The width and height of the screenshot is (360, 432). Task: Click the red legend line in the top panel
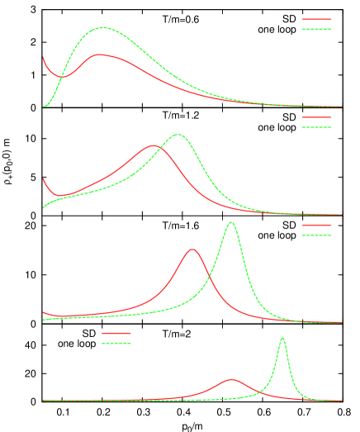[316, 19]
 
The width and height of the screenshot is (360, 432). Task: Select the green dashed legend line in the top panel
[316, 29]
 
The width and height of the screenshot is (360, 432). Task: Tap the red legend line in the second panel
[316, 117]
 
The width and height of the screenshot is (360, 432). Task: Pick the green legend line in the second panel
[316, 127]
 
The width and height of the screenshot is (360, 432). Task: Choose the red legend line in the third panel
[316, 225]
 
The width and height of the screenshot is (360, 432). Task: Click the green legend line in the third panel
[316, 235]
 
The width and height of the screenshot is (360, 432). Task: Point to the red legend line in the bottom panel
[116, 333]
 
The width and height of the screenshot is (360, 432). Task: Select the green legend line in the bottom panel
[116, 343]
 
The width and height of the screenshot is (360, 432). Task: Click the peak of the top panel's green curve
[102, 27]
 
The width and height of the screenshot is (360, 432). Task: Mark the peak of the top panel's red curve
[99, 55]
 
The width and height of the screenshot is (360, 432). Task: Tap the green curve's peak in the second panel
[178, 134]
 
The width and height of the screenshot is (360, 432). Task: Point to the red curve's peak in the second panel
[154, 145]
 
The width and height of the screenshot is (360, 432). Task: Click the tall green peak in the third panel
[231, 222]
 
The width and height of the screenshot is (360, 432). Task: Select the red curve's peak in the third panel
[192, 249]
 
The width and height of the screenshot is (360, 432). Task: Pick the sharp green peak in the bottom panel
[282, 338]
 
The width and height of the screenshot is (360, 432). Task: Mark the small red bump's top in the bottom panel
[231, 379]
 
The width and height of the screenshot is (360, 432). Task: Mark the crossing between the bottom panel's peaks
[263, 392]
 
